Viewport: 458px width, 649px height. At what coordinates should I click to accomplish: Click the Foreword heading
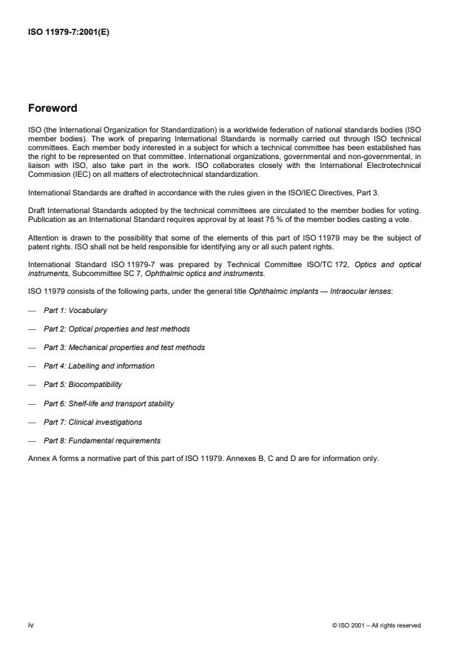(x=52, y=108)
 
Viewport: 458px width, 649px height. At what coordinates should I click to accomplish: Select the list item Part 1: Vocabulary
(x=75, y=311)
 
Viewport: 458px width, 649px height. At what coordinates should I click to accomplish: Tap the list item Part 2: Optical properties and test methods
(x=116, y=329)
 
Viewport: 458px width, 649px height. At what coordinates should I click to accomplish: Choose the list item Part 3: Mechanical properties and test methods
(x=124, y=348)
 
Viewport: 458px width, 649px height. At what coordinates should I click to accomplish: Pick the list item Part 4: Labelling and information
(x=98, y=366)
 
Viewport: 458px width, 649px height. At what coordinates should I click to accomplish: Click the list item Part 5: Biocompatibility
(x=82, y=385)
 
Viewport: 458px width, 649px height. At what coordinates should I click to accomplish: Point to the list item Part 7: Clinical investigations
(x=92, y=422)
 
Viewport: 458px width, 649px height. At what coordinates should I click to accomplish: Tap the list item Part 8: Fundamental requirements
(x=101, y=440)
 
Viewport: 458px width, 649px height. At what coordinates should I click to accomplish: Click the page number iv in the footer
(x=31, y=625)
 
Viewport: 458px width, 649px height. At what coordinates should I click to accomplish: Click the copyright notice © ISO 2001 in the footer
(x=377, y=625)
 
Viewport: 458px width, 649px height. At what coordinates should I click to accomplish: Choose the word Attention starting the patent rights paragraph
(x=42, y=238)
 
